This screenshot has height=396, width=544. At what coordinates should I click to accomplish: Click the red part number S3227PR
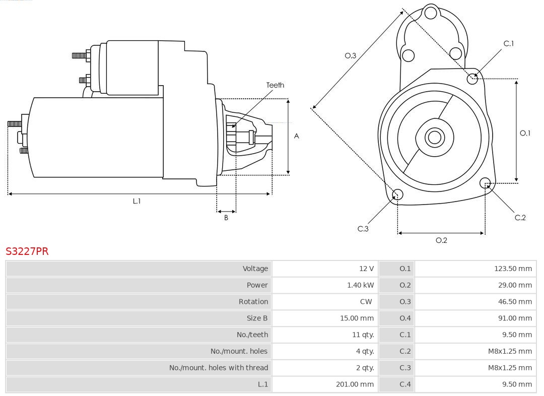coord(27,251)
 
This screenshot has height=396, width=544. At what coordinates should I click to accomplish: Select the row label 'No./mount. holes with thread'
coord(219,368)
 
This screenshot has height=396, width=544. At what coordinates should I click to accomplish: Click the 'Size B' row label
coord(257,318)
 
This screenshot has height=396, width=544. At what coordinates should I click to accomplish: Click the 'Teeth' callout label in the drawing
coord(275,85)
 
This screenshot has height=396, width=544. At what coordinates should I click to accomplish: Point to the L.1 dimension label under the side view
coord(137,201)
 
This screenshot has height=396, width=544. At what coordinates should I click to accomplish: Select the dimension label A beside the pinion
coord(297,136)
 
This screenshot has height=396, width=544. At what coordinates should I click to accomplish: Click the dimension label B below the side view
coord(226,218)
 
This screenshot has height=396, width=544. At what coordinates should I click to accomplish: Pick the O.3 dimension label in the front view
coord(351,55)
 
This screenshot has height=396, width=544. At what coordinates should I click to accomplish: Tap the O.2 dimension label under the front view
coord(441,240)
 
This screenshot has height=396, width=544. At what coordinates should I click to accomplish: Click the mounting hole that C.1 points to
coord(472,79)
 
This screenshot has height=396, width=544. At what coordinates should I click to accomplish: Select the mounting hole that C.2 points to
coord(485,182)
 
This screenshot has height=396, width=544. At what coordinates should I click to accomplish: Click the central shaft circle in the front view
coord(434,137)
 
